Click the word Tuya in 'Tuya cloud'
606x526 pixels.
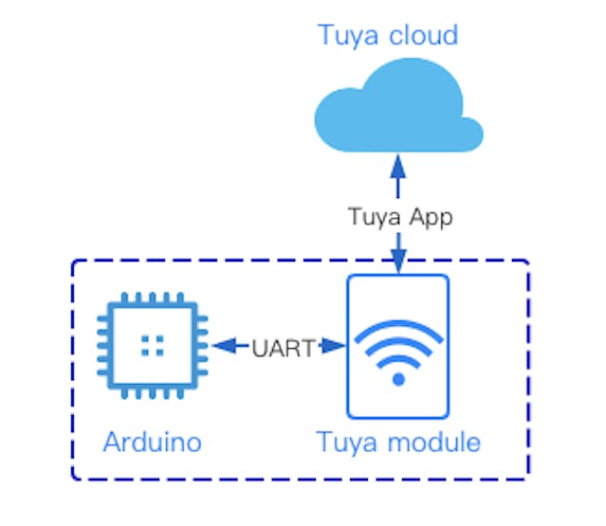347,36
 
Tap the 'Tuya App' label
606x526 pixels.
399,217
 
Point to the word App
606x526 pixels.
431,218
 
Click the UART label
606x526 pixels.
282,348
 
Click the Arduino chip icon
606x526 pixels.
148,347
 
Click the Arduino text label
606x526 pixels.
152,442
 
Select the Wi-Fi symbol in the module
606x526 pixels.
398,352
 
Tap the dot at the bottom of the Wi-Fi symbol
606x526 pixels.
398,379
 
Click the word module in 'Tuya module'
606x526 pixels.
438,442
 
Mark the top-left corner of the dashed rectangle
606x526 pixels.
74,261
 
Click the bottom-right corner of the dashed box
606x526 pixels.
527,478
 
